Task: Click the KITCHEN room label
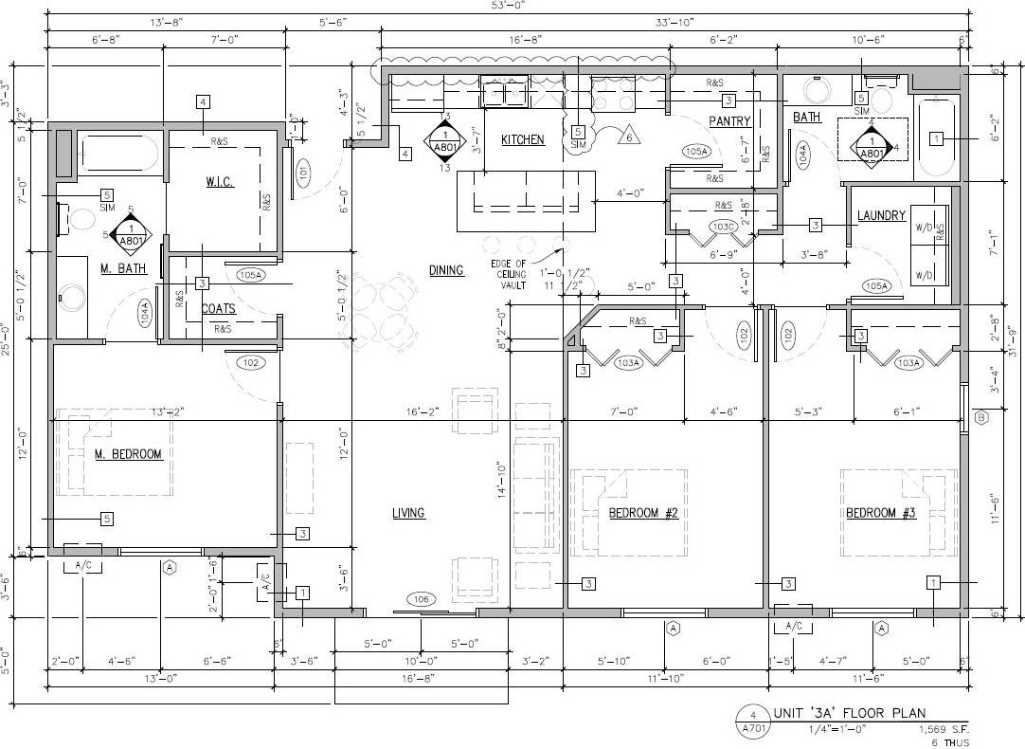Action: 523,140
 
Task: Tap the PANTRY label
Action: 729,121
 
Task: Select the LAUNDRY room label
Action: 881,216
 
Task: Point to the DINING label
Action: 446,270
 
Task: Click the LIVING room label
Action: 408,514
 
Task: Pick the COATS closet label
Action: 218,309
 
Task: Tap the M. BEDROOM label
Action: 128,455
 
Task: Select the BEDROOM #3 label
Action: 881,514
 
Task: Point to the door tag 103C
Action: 725,228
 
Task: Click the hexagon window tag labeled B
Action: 981,418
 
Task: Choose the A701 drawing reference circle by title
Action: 751,721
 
